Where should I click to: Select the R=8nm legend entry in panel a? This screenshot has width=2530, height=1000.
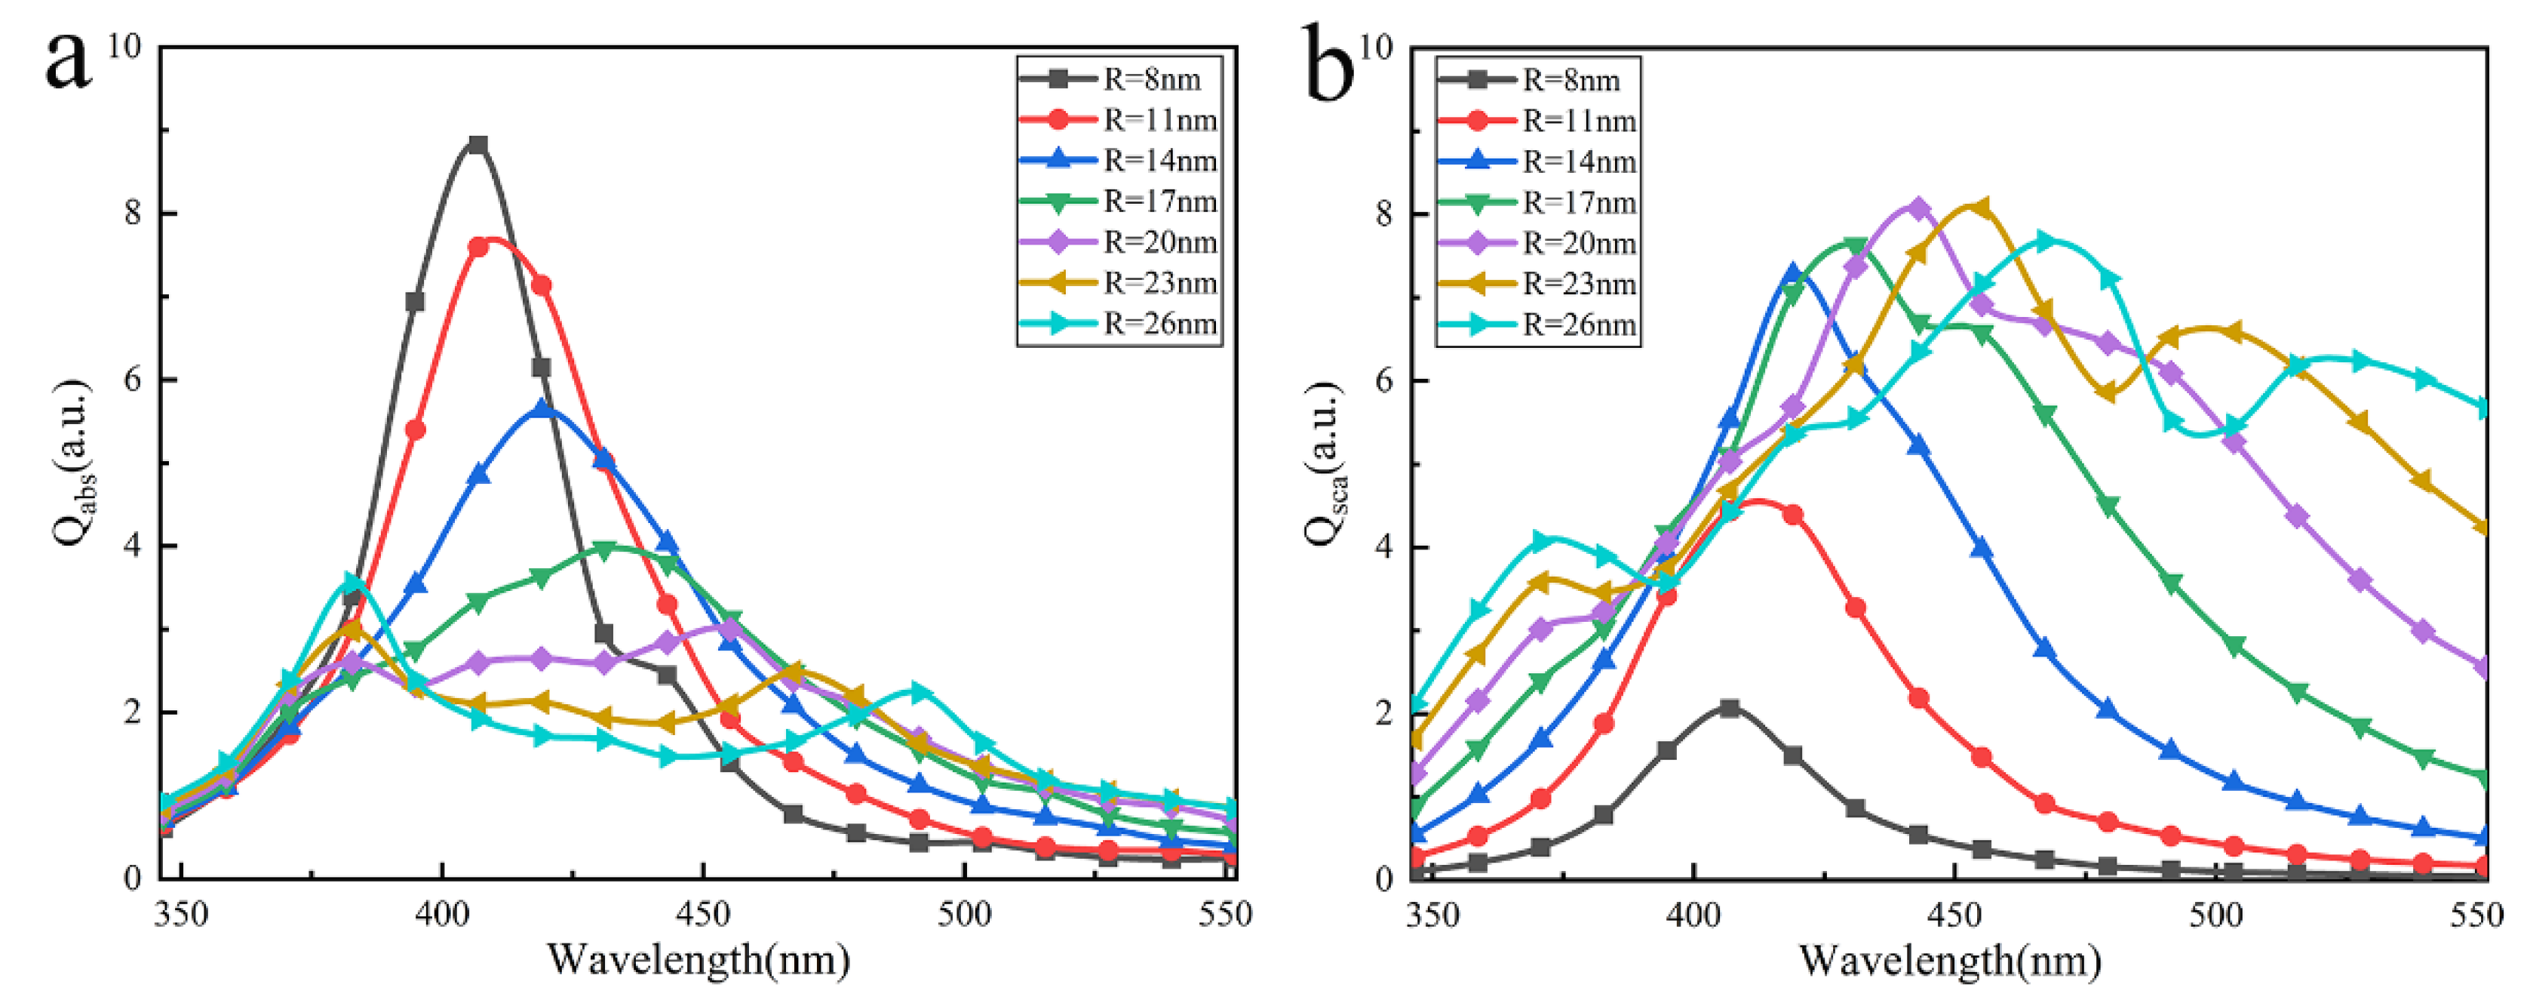(1119, 78)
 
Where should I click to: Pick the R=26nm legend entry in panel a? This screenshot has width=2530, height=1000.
(1119, 323)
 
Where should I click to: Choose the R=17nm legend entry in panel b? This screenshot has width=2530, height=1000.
(1538, 202)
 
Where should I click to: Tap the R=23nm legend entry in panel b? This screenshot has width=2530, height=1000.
(1538, 284)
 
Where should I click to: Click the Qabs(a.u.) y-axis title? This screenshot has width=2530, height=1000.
(74, 462)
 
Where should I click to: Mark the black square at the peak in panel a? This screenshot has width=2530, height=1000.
(478, 146)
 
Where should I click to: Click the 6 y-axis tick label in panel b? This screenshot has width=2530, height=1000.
(1385, 380)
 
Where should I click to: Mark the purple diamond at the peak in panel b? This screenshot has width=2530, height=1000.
(1919, 208)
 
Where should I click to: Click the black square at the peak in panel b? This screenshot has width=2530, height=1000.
(1730, 707)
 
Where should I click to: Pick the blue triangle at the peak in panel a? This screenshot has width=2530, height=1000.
(541, 408)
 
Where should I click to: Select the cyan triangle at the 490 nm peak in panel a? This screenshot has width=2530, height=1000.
(918, 693)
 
